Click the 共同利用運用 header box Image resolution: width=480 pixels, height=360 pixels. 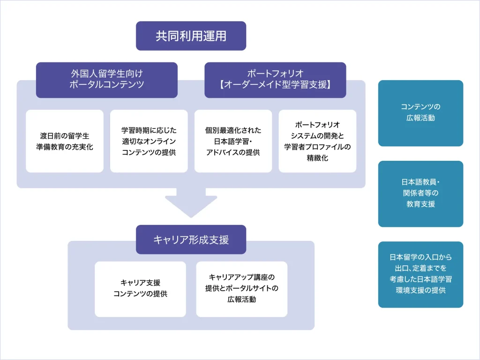click(191, 36)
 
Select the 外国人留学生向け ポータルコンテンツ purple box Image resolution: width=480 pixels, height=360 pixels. click(107, 80)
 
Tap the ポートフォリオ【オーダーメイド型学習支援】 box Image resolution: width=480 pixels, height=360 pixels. click(275, 80)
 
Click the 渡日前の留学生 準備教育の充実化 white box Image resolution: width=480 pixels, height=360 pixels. click(65, 141)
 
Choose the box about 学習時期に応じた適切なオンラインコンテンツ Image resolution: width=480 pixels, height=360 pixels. click(149, 141)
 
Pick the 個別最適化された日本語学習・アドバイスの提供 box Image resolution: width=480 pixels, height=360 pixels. click(233, 141)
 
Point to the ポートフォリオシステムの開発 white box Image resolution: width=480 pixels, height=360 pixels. click(317, 141)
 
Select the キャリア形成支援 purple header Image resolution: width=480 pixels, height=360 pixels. click(191, 240)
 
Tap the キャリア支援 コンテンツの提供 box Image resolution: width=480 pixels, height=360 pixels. click(140, 289)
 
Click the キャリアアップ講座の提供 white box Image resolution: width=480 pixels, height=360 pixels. click(241, 289)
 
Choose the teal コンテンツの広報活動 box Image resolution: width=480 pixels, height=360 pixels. click(420, 113)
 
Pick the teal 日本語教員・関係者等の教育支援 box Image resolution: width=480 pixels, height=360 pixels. click(420, 194)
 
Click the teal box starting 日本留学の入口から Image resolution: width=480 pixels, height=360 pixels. click(420, 274)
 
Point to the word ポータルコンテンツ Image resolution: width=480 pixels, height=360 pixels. click(107, 85)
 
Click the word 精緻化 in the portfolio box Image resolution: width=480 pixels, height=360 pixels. click(317, 158)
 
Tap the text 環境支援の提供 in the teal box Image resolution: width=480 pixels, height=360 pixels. click(420, 290)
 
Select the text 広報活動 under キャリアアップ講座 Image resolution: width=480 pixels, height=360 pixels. click(241, 300)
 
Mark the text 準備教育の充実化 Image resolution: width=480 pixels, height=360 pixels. click(65, 147)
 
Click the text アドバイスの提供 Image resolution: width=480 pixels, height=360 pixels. click(233, 152)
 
